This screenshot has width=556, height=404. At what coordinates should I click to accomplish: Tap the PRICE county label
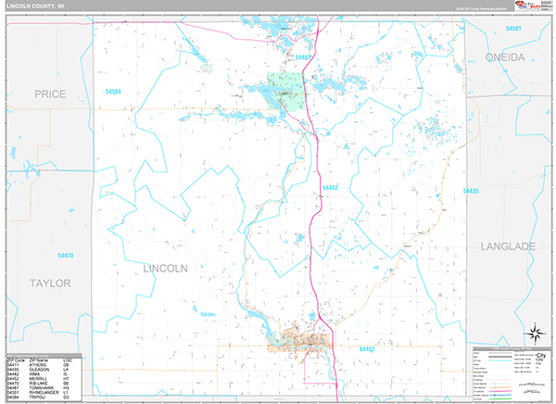(x=50, y=95)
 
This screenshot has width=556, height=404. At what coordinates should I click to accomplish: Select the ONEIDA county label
(x=505, y=57)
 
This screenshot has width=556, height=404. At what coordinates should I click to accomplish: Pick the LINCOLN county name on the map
(x=166, y=268)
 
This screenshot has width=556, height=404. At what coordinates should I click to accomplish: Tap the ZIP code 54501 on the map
(x=512, y=29)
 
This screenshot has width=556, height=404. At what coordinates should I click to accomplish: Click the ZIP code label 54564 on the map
(x=114, y=92)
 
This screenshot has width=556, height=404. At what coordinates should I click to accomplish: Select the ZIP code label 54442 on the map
(x=330, y=188)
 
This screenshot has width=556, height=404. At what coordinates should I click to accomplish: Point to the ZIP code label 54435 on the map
(x=469, y=191)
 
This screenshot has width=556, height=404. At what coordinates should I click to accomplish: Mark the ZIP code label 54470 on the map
(x=64, y=256)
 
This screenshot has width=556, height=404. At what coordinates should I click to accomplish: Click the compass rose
(x=534, y=334)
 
